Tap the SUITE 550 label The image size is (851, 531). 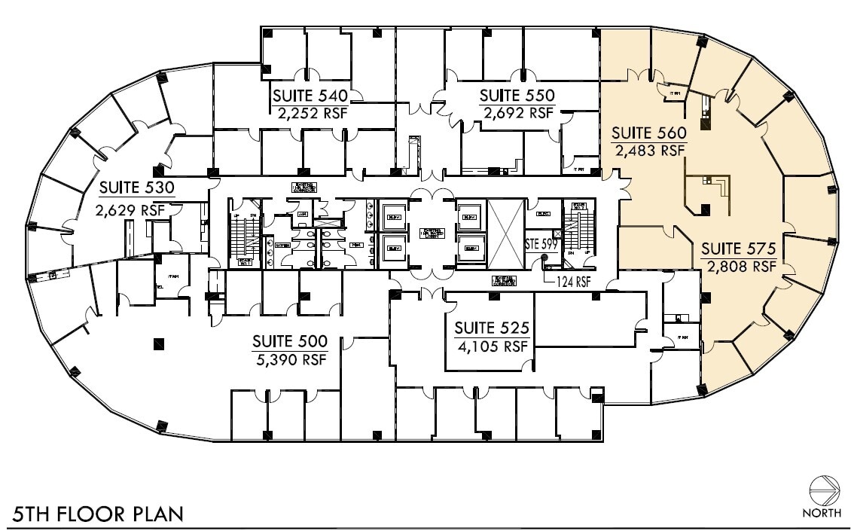tap(517, 96)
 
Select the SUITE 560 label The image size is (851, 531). tap(648, 133)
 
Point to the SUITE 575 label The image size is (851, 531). tap(738, 249)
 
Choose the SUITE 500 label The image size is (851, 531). tap(290, 342)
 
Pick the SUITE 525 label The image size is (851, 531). tap(492, 328)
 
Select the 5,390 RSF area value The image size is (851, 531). tap(290, 360)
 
